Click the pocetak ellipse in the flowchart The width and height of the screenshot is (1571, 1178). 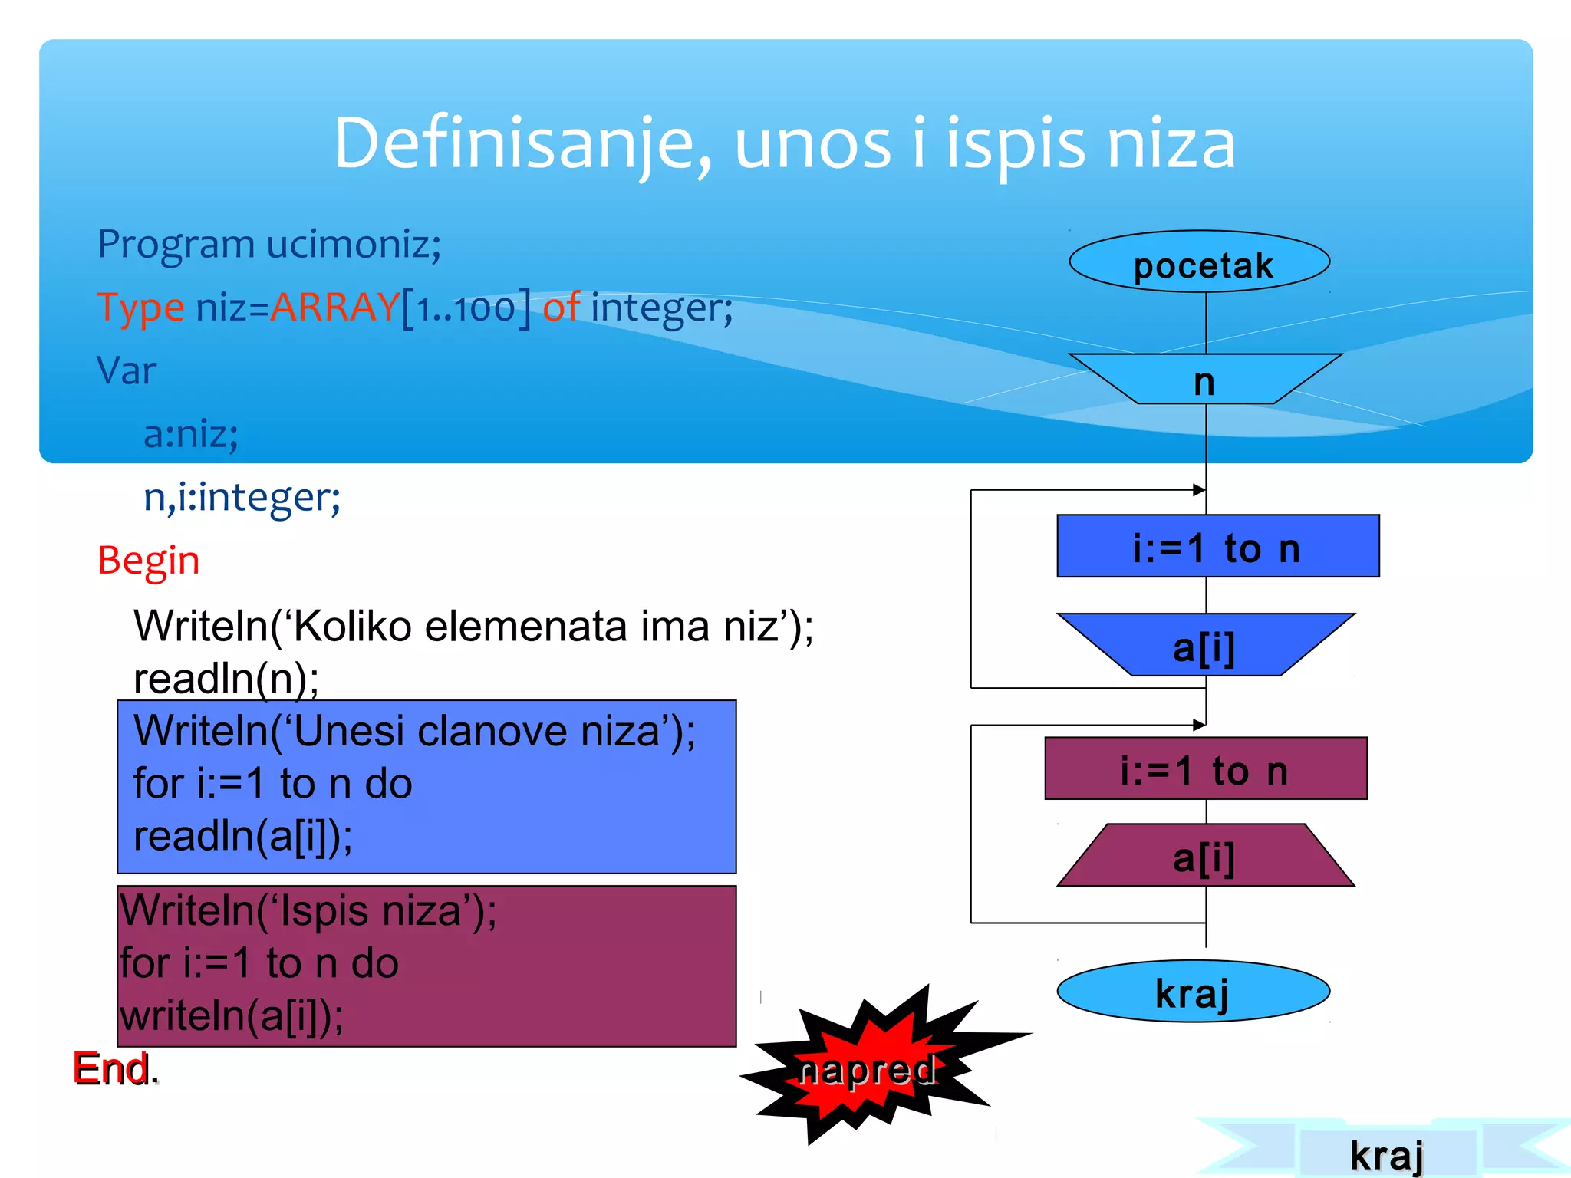(x=1199, y=262)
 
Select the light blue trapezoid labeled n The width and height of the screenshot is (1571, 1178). (x=1204, y=380)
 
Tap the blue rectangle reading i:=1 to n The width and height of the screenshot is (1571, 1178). (x=1217, y=546)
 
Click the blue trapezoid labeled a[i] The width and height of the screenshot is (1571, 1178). (x=1204, y=646)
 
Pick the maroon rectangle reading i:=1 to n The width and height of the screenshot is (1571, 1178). (x=1205, y=768)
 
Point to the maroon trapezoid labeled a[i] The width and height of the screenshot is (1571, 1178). (x=1204, y=856)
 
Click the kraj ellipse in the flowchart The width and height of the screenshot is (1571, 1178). (x=1193, y=992)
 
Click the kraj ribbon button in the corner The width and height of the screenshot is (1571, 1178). (x=1386, y=1153)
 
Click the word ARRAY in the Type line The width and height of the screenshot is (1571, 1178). (x=334, y=307)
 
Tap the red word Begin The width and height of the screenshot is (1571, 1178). (x=149, y=560)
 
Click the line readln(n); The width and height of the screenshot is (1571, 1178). (x=226, y=678)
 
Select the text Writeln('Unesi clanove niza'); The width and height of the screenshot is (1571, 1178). (x=414, y=730)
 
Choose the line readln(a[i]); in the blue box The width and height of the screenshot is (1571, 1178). (x=242, y=835)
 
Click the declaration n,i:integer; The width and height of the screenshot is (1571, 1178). (x=242, y=497)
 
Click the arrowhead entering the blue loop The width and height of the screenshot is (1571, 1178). (x=1199, y=489)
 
